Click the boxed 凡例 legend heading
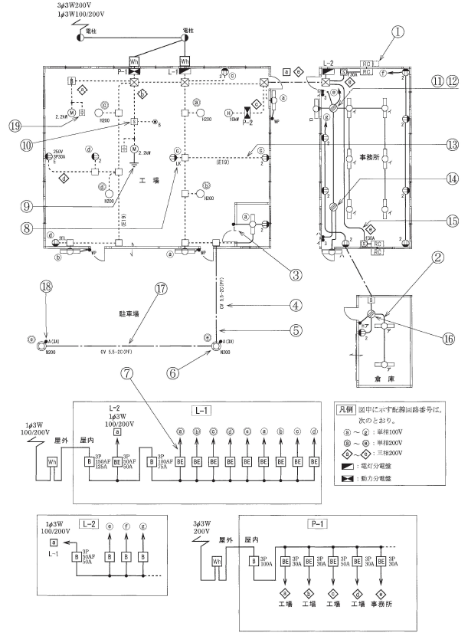coord(347,410)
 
